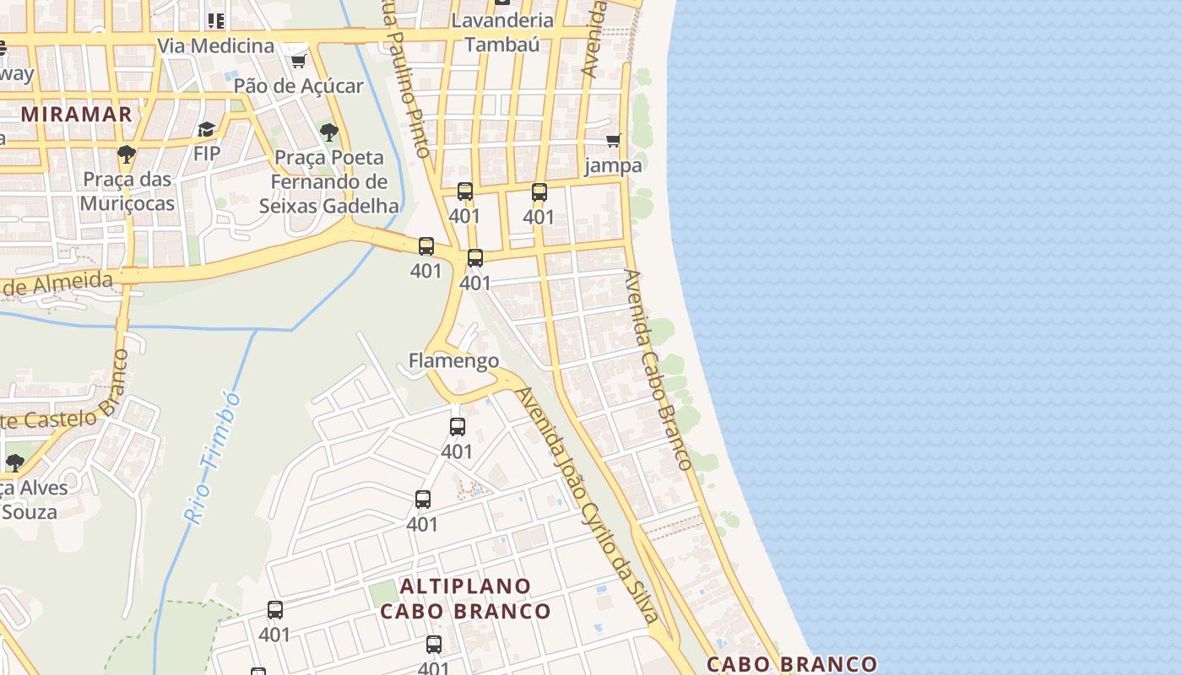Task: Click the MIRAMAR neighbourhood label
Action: point(76,114)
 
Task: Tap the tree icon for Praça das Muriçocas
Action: point(127,154)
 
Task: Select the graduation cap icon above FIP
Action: point(206,129)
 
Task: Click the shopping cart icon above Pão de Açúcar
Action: point(298,61)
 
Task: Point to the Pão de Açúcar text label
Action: point(298,85)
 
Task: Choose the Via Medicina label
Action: point(216,46)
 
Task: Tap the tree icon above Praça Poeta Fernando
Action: point(329,132)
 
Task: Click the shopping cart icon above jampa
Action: point(614,140)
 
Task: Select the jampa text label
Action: point(614,165)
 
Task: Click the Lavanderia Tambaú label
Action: point(502,32)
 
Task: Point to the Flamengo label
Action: point(453,360)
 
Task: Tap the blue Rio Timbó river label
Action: point(212,457)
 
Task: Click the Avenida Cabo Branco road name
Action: point(658,370)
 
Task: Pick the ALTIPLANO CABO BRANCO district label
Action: point(465,598)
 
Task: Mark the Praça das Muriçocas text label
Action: point(127,192)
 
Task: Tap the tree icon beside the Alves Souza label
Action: point(14,462)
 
